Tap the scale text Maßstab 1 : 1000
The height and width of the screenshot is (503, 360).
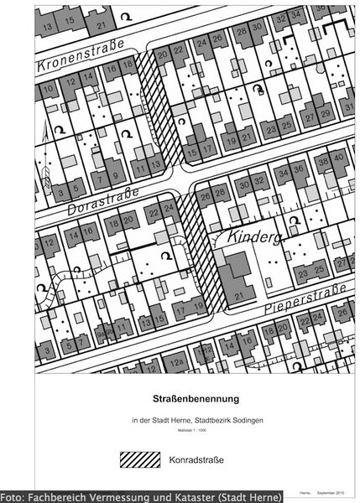point(179,429)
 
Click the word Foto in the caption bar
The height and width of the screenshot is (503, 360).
point(13,496)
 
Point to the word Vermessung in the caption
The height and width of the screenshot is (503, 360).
point(112,496)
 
